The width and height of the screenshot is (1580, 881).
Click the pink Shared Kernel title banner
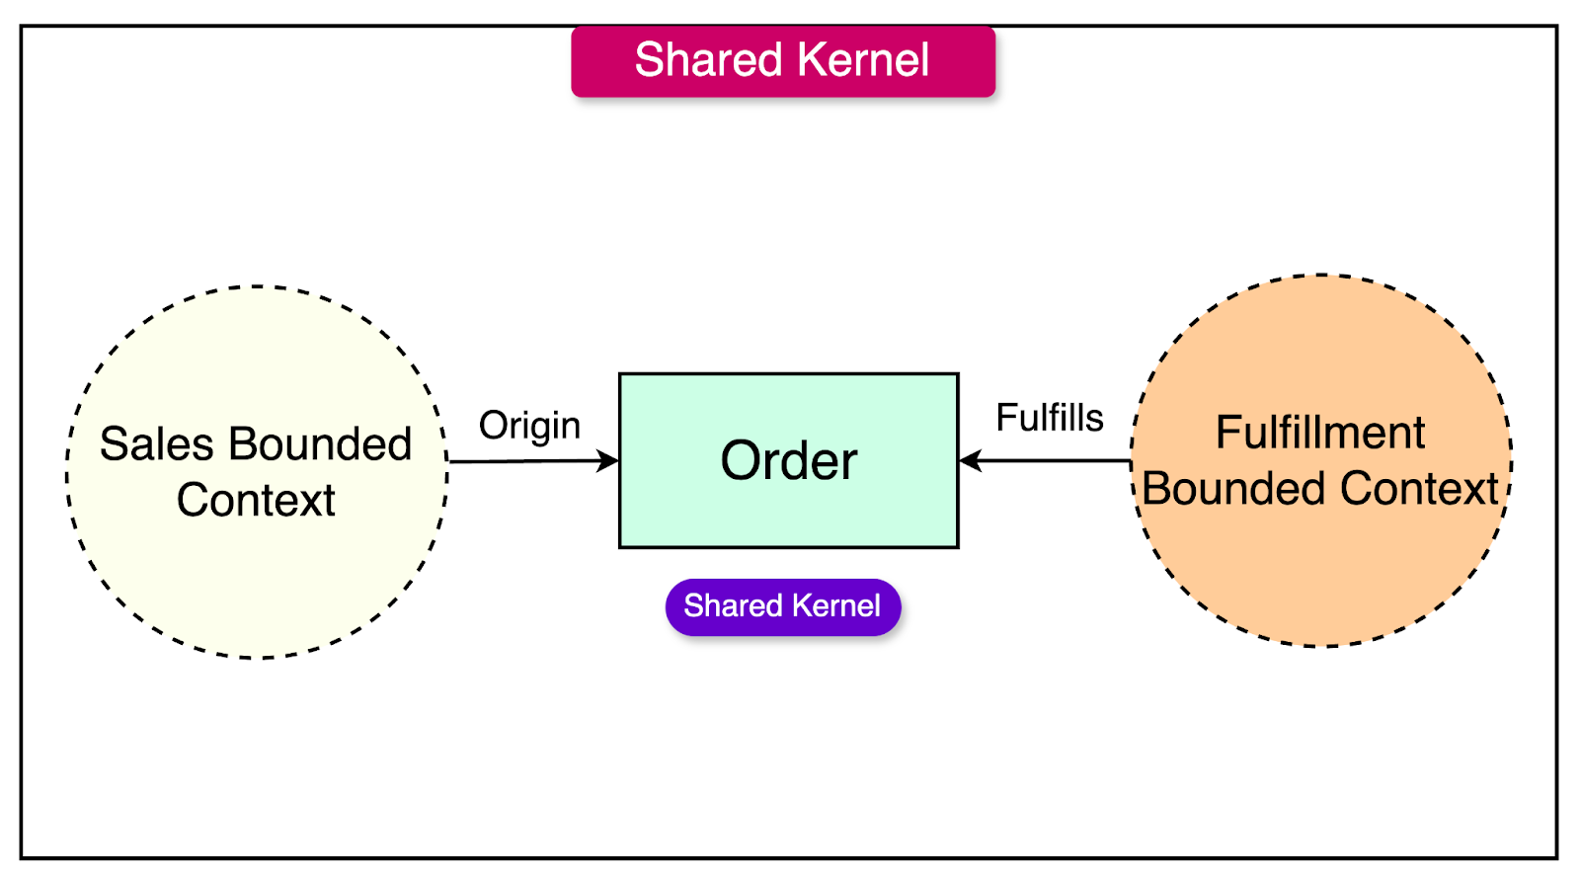tap(783, 62)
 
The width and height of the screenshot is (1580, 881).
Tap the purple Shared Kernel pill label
tap(783, 606)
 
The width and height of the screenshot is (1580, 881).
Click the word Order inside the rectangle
tap(789, 461)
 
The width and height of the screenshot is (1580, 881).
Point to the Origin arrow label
tap(529, 426)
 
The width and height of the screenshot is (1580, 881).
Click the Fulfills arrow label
tap(1049, 418)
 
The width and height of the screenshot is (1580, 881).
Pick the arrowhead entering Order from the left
tap(608, 460)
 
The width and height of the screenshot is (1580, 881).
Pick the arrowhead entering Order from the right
tap(971, 460)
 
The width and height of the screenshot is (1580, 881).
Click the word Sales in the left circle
tap(156, 444)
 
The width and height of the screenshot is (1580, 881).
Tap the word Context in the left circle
tap(256, 501)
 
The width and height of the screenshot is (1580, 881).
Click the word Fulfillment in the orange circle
tap(1320, 433)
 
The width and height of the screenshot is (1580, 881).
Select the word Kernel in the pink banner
tap(863, 60)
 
